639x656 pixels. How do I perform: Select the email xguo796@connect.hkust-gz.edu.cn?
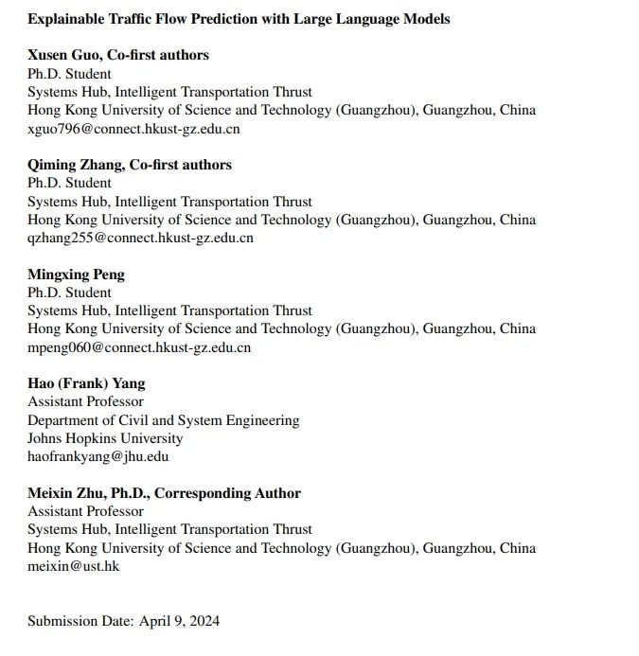point(133,129)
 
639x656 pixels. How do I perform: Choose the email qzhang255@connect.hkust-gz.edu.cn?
point(140,238)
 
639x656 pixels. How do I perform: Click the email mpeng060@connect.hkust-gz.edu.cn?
point(139,347)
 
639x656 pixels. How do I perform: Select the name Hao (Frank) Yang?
point(86,383)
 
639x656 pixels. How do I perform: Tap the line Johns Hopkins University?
point(105,438)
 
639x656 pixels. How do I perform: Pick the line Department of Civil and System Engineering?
point(163,420)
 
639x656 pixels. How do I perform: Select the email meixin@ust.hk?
point(73,566)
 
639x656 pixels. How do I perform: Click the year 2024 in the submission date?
point(204,621)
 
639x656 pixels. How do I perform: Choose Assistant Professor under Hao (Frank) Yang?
point(85,401)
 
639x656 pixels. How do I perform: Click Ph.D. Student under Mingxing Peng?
point(69,293)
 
